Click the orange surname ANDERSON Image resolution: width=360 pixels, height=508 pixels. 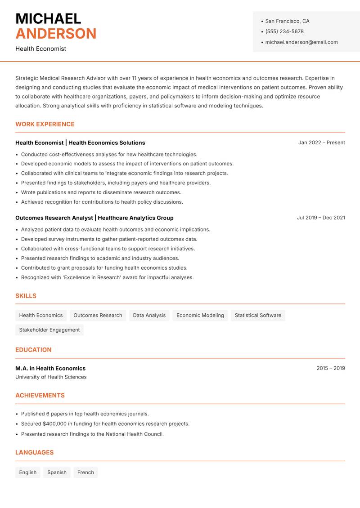click(56, 34)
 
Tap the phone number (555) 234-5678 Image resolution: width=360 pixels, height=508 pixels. click(284, 31)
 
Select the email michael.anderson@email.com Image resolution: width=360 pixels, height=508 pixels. click(301, 42)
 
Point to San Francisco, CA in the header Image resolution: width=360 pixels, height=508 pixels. click(287, 21)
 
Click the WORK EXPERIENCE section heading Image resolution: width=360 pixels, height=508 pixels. click(45, 124)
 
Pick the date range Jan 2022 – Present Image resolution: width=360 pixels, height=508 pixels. click(321, 143)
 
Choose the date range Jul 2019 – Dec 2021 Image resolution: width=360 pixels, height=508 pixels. click(321, 218)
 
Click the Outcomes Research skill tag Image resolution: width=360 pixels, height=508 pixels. click(98, 316)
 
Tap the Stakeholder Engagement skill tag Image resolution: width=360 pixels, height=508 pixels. click(49, 330)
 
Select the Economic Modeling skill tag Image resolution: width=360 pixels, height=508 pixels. click(200, 316)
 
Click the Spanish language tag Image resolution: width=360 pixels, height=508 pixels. click(57, 472)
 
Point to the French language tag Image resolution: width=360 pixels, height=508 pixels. click(85, 472)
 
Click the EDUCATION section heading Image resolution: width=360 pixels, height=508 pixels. click(33, 350)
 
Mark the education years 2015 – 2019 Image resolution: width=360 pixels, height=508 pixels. click(331, 368)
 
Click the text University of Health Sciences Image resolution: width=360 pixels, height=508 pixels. click(51, 377)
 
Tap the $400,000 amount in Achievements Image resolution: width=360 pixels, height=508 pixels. click(54, 423)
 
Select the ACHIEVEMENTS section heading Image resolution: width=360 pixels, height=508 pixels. click(40, 396)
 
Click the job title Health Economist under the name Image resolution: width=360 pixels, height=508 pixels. click(40, 49)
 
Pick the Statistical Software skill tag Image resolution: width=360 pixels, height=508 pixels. click(258, 316)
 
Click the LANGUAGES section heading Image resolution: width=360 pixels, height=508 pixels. click(34, 453)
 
